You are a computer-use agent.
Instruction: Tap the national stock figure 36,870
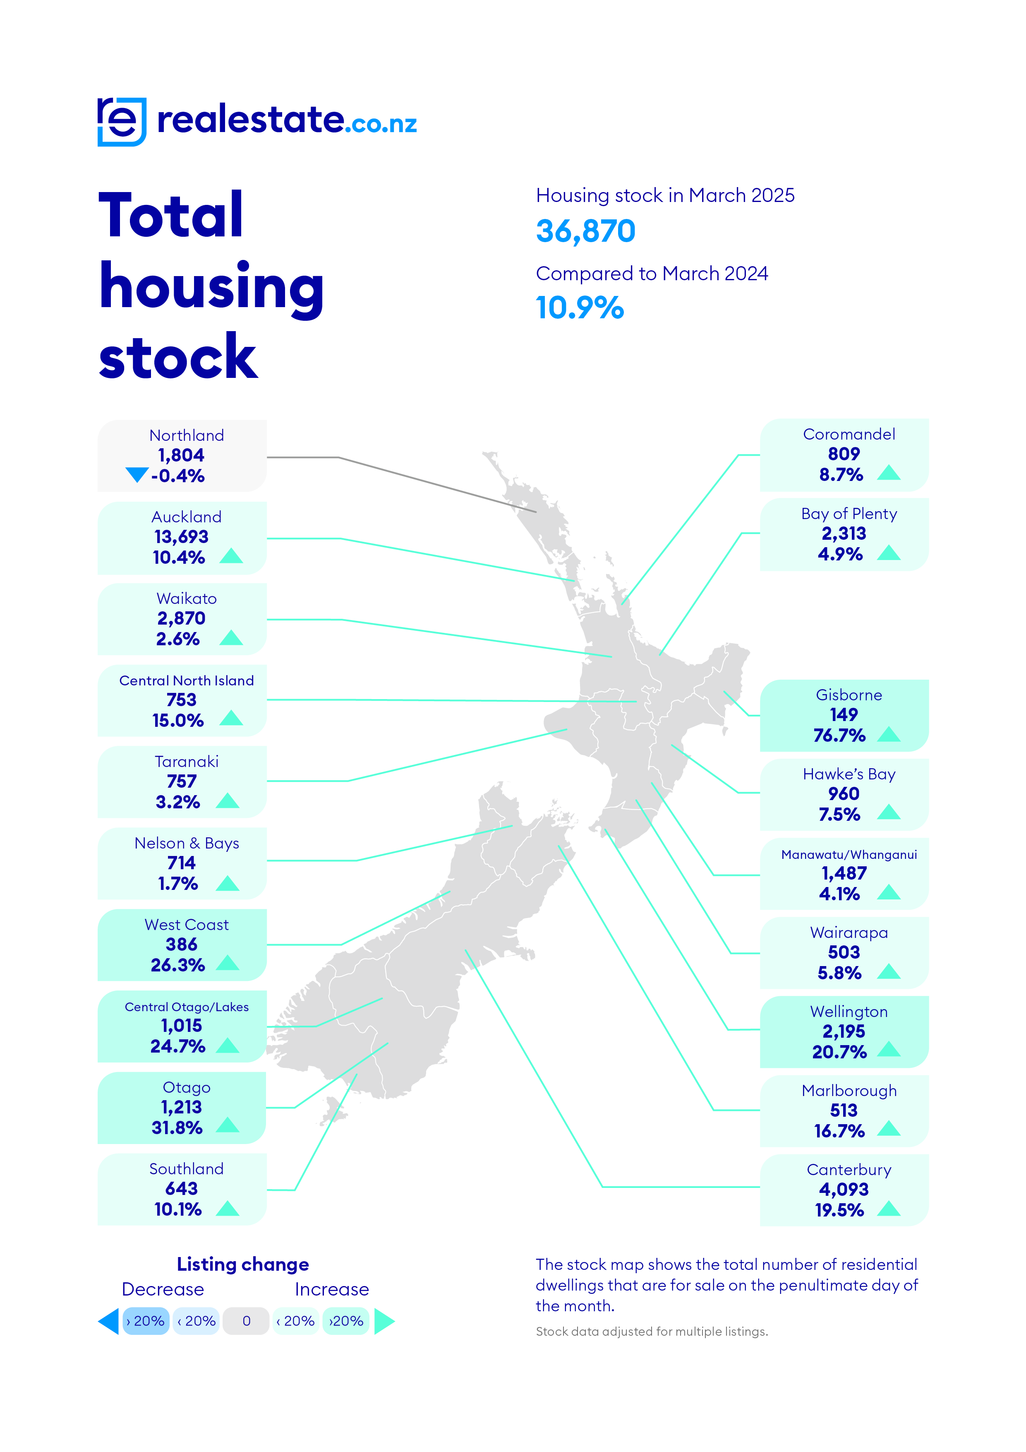pos(585,231)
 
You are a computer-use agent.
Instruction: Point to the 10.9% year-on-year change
pos(580,308)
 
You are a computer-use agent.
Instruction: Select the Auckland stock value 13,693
pos(182,537)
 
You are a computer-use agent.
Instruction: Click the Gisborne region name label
pos(849,695)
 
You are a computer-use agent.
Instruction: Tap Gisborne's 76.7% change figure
pos(839,736)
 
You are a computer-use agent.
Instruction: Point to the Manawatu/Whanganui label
pos(849,855)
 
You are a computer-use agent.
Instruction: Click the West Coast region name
pos(187,925)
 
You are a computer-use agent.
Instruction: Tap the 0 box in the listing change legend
pos(247,1321)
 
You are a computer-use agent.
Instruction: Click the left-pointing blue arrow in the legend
pos(109,1321)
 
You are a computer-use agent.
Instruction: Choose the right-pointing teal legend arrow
pos(384,1321)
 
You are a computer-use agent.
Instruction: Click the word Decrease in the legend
pos(163,1289)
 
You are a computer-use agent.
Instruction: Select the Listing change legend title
pos(243,1264)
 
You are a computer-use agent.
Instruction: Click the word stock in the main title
pos(178,357)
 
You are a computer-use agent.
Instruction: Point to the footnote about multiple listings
pos(652,1331)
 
